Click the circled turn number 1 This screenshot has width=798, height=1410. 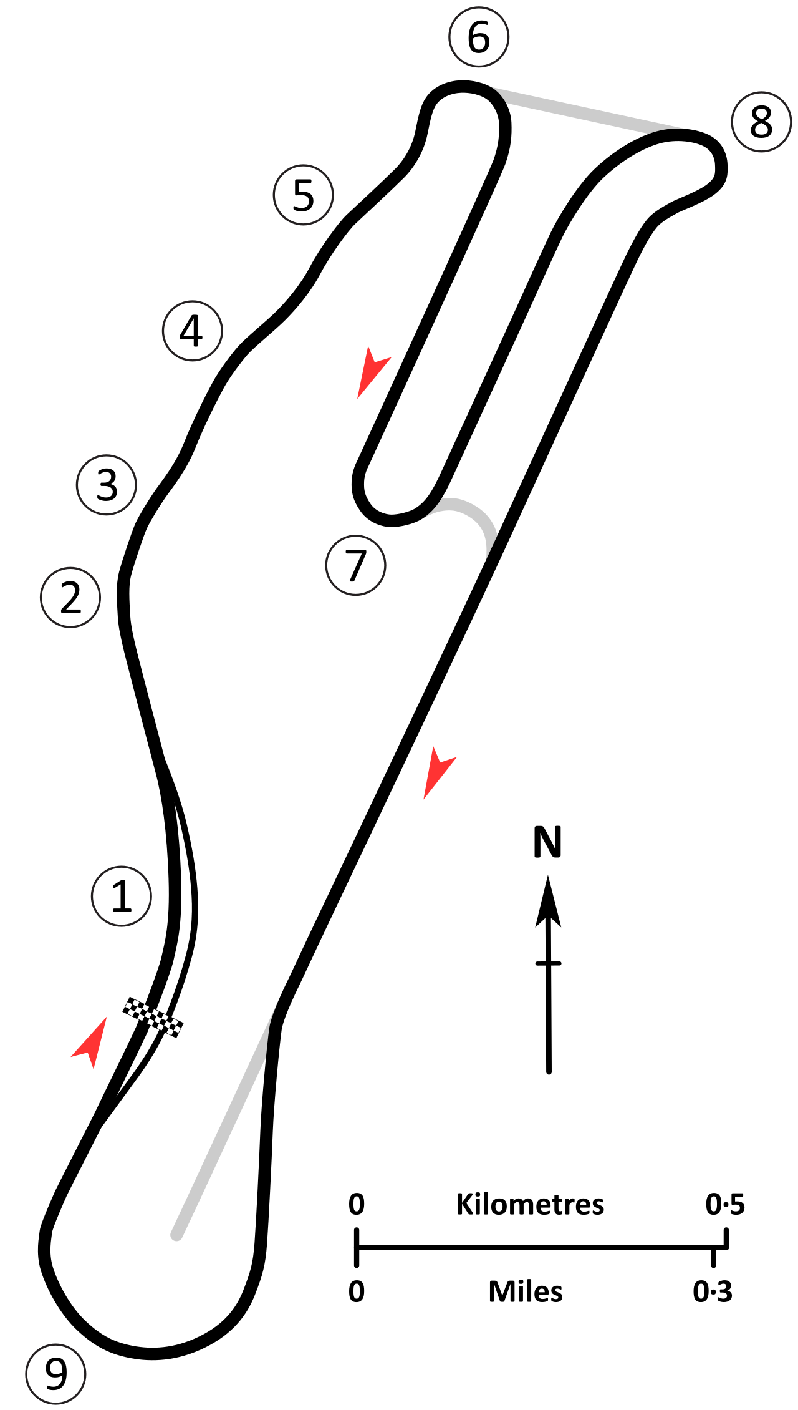122,896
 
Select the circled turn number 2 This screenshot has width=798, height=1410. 70,597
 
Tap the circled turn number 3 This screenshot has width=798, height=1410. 107,485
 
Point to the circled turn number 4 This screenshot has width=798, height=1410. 193,331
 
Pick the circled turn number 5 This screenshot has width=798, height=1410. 304,195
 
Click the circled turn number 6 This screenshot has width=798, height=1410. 479,37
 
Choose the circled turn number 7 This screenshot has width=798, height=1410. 356,565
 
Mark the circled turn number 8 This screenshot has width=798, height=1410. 762,122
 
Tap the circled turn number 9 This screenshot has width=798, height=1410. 55,1374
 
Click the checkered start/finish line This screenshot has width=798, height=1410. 153,1017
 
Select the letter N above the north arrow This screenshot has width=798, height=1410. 548,842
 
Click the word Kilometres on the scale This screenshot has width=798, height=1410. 530,1204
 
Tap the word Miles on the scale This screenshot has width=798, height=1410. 526,1291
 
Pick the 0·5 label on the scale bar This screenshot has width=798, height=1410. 725,1204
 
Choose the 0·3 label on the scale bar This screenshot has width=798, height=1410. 713,1291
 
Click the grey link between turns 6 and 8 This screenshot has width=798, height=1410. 586,111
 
